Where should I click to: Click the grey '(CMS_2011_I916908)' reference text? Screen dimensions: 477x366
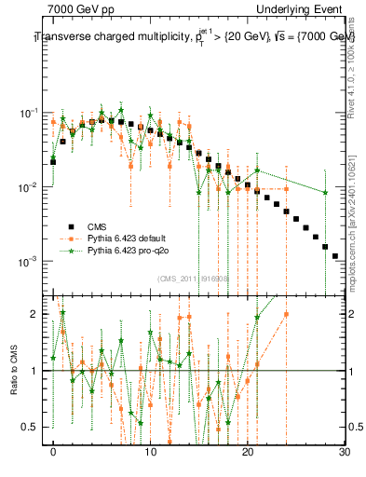pyautogui.click(x=196, y=279)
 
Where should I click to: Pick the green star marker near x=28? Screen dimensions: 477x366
pyautogui.click(x=325, y=193)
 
